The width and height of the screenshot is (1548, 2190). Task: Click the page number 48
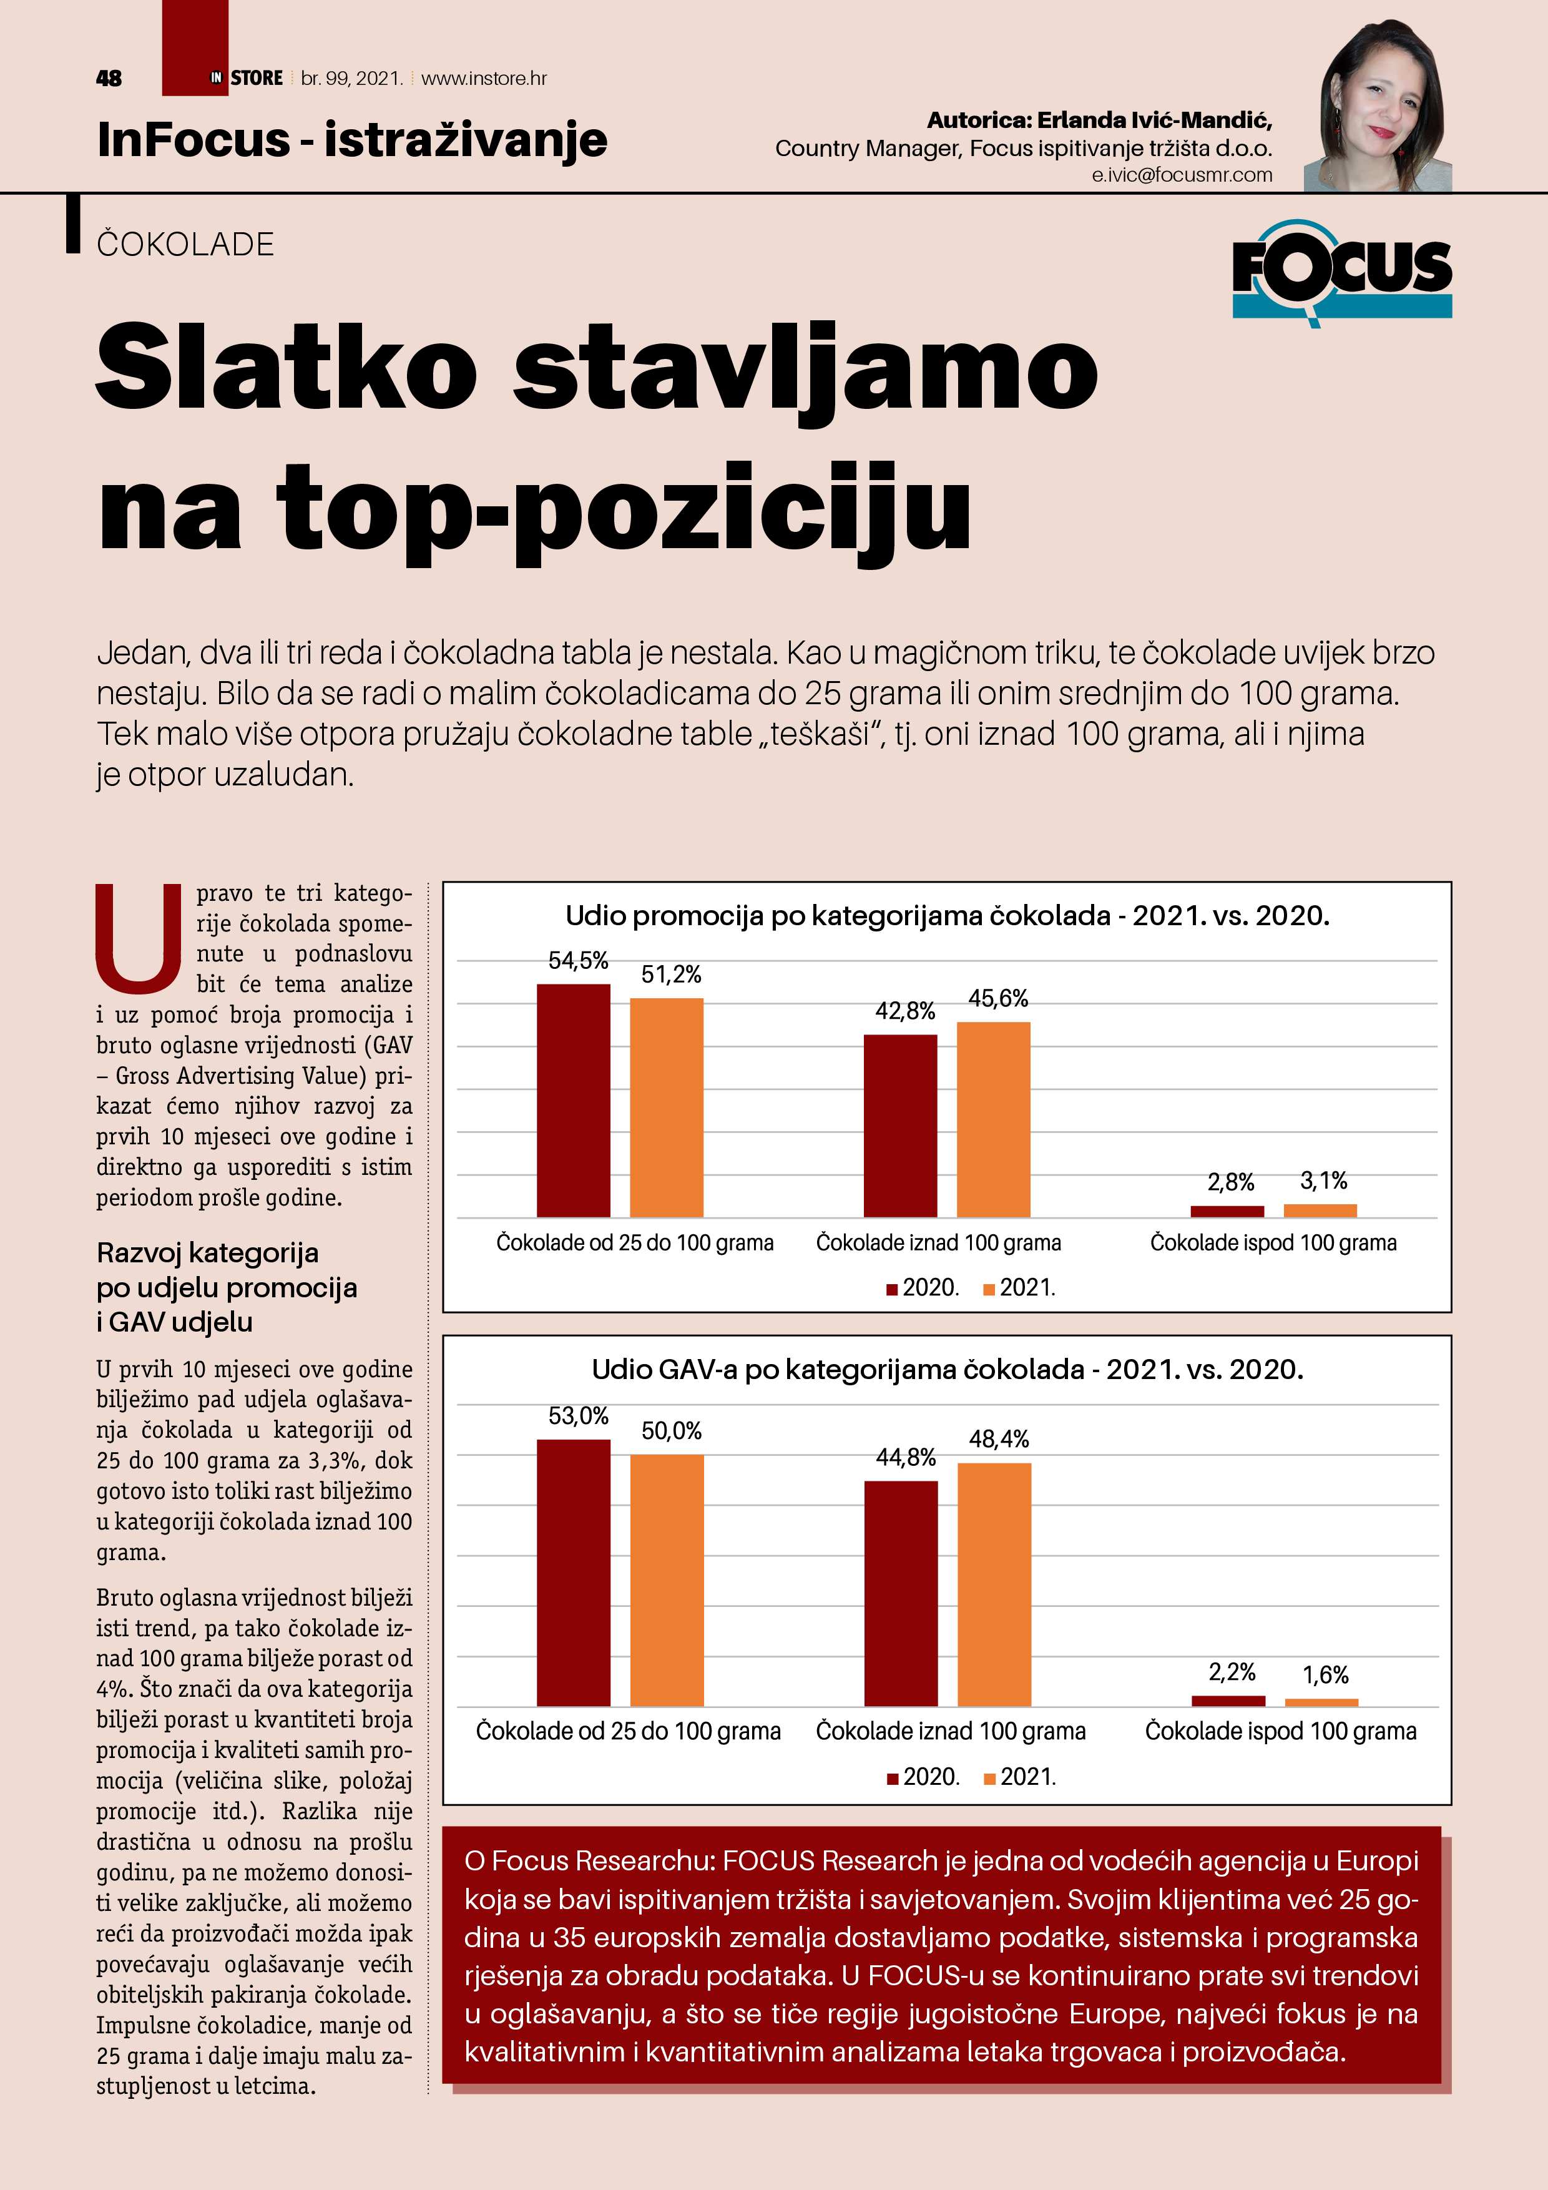109,78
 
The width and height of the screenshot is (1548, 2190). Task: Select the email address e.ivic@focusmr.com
1182,175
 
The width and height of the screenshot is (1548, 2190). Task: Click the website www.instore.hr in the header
484,78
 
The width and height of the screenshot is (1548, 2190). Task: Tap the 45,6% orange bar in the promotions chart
993,1118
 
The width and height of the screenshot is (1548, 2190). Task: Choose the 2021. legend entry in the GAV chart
1021,1776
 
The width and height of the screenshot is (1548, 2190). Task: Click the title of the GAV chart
947,1370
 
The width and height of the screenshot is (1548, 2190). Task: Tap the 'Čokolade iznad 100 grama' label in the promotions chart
939,1243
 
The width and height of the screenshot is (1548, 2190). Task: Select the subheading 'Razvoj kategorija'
208,1252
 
